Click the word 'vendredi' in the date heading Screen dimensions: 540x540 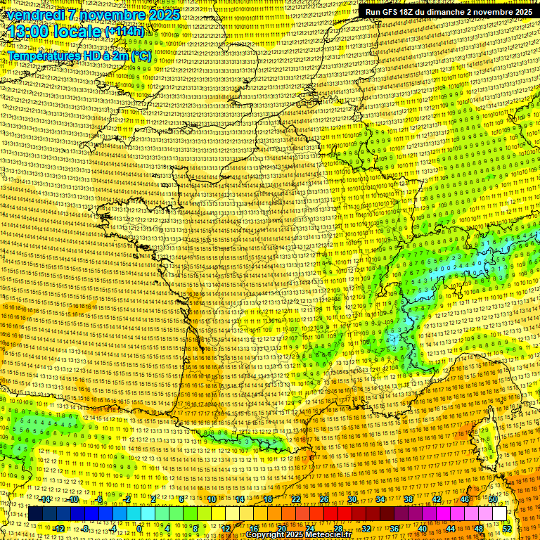(x=34, y=15)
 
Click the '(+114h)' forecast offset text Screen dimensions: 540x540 (x=125, y=32)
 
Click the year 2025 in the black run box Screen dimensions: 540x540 (x=520, y=12)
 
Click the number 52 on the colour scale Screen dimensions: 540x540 (x=507, y=528)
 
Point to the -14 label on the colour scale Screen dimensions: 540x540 (x=46, y=499)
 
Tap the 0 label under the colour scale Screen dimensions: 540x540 (x=139, y=528)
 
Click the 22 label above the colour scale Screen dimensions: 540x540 (x=296, y=499)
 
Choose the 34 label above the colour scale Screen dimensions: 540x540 (x=380, y=499)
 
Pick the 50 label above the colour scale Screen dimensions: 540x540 (x=493, y=499)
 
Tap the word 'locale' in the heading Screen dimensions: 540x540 (x=81, y=32)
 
